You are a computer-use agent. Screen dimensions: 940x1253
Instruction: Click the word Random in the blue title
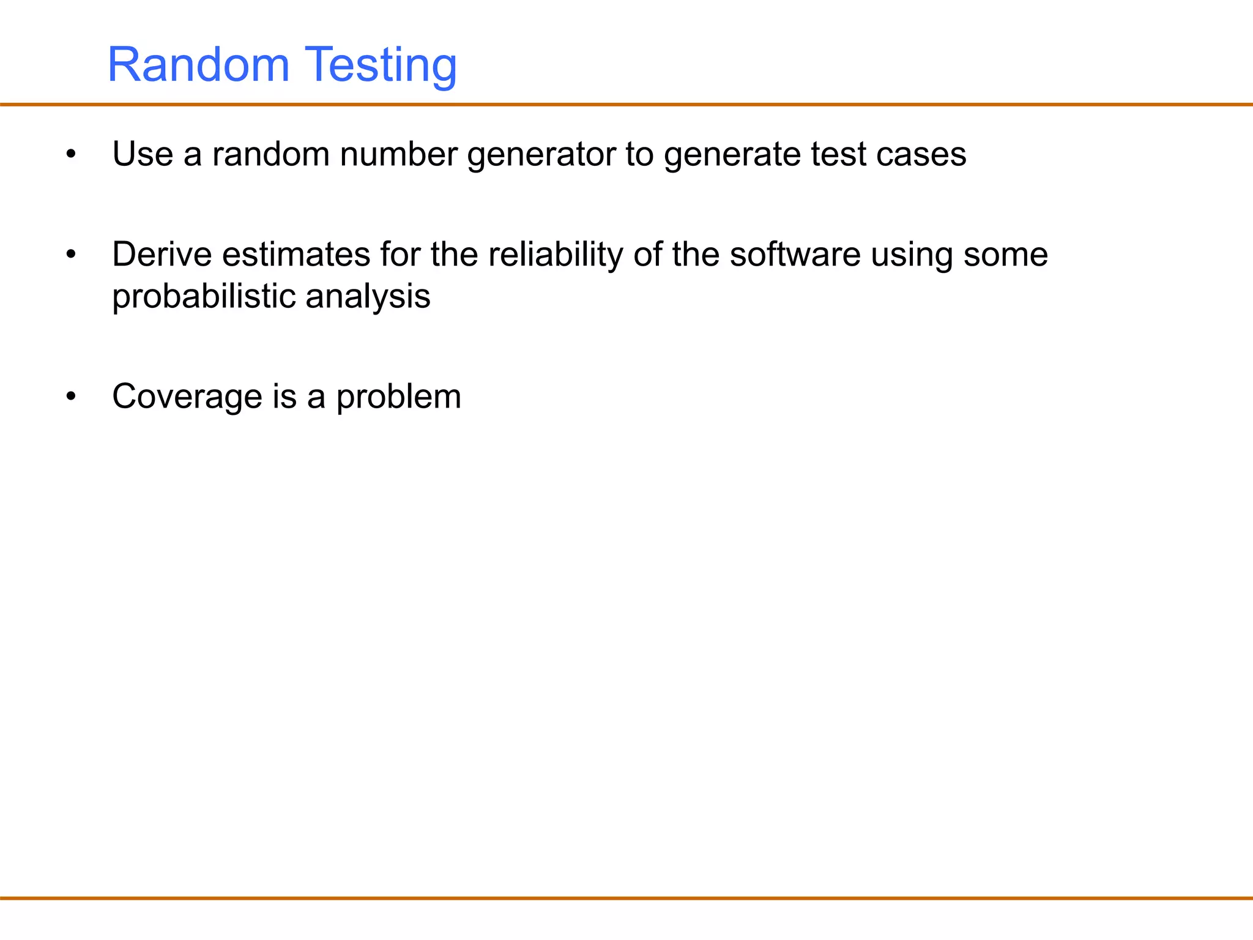[198, 65]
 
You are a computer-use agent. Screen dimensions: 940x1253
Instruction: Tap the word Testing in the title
[381, 66]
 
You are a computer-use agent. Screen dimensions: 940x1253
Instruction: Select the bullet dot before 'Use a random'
[72, 154]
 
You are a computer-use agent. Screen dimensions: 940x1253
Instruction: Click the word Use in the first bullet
[143, 154]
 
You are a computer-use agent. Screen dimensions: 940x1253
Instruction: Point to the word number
[398, 154]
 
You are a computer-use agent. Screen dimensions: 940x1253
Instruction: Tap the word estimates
[296, 255]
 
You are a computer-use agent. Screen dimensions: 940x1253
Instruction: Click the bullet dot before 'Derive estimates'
[72, 255]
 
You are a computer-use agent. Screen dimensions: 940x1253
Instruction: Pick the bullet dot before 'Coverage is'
[72, 397]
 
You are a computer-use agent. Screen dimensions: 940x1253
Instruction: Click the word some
[1005, 255]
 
